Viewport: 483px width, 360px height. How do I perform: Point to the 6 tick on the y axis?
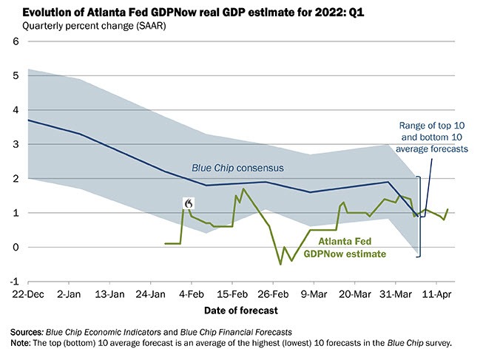tap(15, 41)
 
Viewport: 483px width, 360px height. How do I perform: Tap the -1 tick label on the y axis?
tap(13, 282)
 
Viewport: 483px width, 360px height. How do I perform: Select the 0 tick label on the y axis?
tap(15, 247)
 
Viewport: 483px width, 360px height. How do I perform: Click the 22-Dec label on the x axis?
tap(27, 293)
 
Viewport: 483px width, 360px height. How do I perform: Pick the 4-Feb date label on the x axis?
tap(192, 293)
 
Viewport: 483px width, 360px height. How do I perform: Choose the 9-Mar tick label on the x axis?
tap(313, 293)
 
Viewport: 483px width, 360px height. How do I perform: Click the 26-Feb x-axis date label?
tap(273, 293)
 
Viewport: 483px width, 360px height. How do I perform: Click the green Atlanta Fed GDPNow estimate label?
tap(353, 247)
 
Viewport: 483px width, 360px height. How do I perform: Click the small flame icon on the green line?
tap(189, 203)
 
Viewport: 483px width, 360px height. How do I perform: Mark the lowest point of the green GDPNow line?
tap(280, 264)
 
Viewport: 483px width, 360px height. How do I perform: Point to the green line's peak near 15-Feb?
tap(243, 189)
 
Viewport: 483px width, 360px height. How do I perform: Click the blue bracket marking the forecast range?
tap(419, 216)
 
